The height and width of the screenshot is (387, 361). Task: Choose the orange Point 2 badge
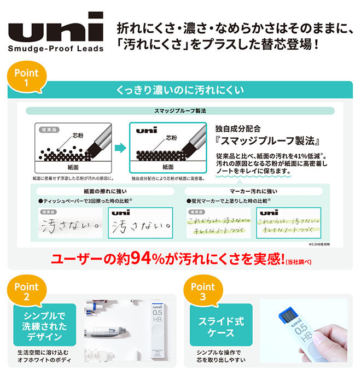(x=26, y=292)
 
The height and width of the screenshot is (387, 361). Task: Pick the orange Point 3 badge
(x=203, y=292)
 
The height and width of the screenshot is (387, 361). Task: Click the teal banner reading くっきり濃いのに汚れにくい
(x=180, y=90)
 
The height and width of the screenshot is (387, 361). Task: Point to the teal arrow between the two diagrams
(x=120, y=146)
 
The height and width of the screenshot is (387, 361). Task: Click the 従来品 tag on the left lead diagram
(x=46, y=130)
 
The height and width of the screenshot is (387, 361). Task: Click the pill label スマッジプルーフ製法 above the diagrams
(x=180, y=111)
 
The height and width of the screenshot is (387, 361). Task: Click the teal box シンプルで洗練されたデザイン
(x=44, y=325)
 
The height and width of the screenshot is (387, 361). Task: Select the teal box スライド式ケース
(x=221, y=325)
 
